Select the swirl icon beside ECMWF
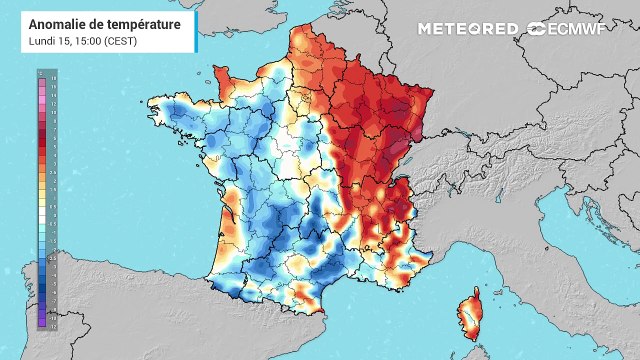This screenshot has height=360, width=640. click(537, 28)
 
